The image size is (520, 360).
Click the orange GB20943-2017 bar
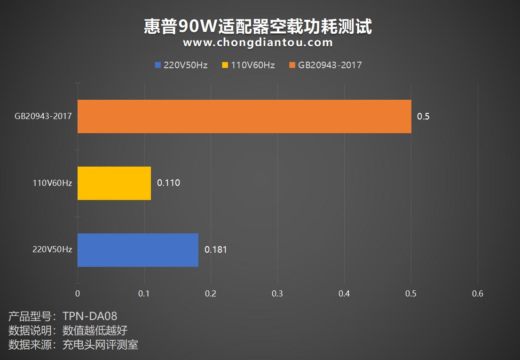[x=244, y=116]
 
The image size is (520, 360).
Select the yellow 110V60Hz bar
[x=114, y=183]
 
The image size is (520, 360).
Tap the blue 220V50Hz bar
[x=138, y=250]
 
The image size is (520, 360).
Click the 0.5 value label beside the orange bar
[x=423, y=116]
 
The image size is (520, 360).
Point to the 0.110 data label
[x=168, y=183]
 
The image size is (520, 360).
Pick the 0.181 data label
[x=215, y=250]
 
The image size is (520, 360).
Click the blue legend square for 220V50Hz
[x=158, y=65]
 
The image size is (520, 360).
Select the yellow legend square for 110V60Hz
[x=225, y=65]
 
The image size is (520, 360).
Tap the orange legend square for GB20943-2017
[x=292, y=65]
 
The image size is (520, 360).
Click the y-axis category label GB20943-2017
[x=43, y=116]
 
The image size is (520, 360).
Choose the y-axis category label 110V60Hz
[x=52, y=183]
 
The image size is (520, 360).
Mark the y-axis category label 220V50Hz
[x=52, y=250]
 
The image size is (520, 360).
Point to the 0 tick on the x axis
[x=78, y=294]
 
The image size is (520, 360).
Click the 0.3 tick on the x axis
[x=277, y=294]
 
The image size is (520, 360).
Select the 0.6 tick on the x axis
[x=477, y=294]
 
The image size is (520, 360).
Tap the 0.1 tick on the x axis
[x=144, y=294]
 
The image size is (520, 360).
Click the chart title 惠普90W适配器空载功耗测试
[x=258, y=27]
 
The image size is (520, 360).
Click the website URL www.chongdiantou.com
[x=258, y=43]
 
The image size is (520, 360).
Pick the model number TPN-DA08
[x=89, y=316]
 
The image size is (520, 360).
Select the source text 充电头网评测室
[x=100, y=345]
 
